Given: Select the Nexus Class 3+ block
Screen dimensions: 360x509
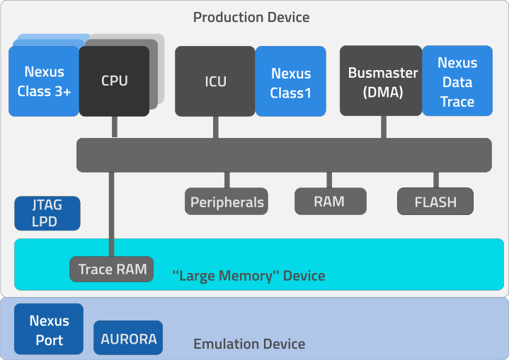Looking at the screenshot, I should (44, 81).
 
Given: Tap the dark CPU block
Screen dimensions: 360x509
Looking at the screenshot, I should (114, 81).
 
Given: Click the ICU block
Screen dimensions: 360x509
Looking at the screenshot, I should (215, 81).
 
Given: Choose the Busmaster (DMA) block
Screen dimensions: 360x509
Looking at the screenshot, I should (382, 81).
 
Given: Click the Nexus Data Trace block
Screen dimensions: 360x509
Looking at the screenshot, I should (457, 81).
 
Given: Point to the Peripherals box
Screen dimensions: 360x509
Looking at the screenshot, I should (227, 202).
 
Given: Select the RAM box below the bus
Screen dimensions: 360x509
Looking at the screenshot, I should (330, 201).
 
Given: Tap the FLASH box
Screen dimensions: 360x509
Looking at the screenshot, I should (435, 202).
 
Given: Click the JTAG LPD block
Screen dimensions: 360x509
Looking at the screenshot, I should (47, 214).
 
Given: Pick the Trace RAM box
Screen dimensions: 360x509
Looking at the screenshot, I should (112, 269).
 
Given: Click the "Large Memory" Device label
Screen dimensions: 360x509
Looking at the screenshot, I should (248, 275).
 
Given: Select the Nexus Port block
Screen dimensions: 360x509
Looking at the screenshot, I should (49, 330).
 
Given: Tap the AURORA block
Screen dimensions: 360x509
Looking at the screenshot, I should (128, 338).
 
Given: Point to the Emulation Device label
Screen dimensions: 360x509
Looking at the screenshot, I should (249, 344).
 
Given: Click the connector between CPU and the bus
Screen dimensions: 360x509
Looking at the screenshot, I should (113, 127).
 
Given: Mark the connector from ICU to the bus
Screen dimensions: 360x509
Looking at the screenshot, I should (215, 126).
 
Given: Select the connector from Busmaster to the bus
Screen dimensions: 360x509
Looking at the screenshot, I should (384, 127).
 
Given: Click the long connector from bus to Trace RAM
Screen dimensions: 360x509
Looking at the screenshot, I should (111, 212).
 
